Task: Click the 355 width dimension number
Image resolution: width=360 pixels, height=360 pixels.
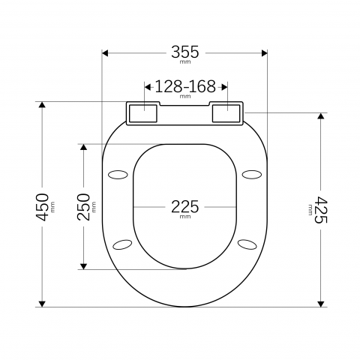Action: pos(184,52)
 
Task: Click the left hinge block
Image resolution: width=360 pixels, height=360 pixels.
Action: pos(142,112)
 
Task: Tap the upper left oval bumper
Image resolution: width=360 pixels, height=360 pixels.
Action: pos(118,175)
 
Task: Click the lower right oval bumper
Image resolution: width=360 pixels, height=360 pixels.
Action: pos(247,244)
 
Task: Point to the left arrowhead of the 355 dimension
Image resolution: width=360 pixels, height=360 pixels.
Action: pos(106,53)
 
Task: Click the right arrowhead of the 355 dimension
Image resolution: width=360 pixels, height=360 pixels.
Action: pos(263,53)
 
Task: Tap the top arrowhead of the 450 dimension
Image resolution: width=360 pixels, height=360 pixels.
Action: pos(43,106)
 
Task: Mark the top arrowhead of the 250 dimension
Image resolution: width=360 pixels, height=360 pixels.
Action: pos(84,147)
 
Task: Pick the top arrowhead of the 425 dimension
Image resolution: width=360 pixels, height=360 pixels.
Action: pos(321,117)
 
